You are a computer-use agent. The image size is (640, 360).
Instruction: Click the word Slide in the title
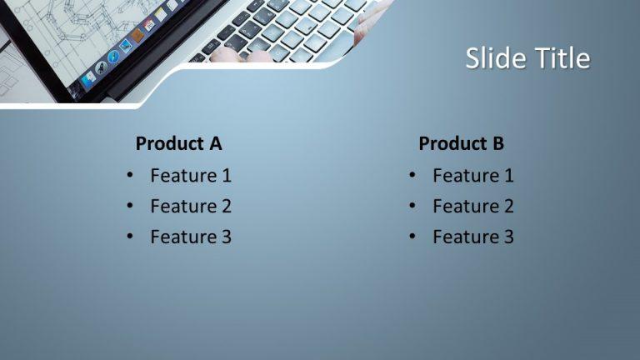point(490,58)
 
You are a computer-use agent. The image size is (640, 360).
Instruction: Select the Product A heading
point(178,143)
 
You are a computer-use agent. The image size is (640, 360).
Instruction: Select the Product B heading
point(461,143)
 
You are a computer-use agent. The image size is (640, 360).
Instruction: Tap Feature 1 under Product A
point(191,176)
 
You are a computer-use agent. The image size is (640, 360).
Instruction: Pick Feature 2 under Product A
point(191,206)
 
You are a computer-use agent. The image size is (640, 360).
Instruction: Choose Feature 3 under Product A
point(191,237)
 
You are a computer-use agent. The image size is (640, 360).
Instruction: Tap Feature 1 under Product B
point(473,176)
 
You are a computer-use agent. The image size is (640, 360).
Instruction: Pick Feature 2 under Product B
point(473,206)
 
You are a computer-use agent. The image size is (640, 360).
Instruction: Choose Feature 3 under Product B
point(473,237)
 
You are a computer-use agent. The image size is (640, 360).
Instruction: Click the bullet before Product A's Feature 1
point(130,176)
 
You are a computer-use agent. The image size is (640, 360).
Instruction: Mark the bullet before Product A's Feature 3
point(130,237)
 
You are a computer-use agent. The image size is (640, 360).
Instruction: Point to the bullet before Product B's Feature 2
point(412,207)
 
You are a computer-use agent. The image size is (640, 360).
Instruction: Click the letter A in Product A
point(215,143)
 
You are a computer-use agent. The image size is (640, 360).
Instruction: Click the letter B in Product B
point(497,143)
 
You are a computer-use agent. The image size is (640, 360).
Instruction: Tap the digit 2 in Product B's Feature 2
point(508,206)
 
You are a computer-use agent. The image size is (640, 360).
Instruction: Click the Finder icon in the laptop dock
point(88,78)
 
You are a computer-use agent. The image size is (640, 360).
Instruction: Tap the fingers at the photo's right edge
point(367,25)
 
